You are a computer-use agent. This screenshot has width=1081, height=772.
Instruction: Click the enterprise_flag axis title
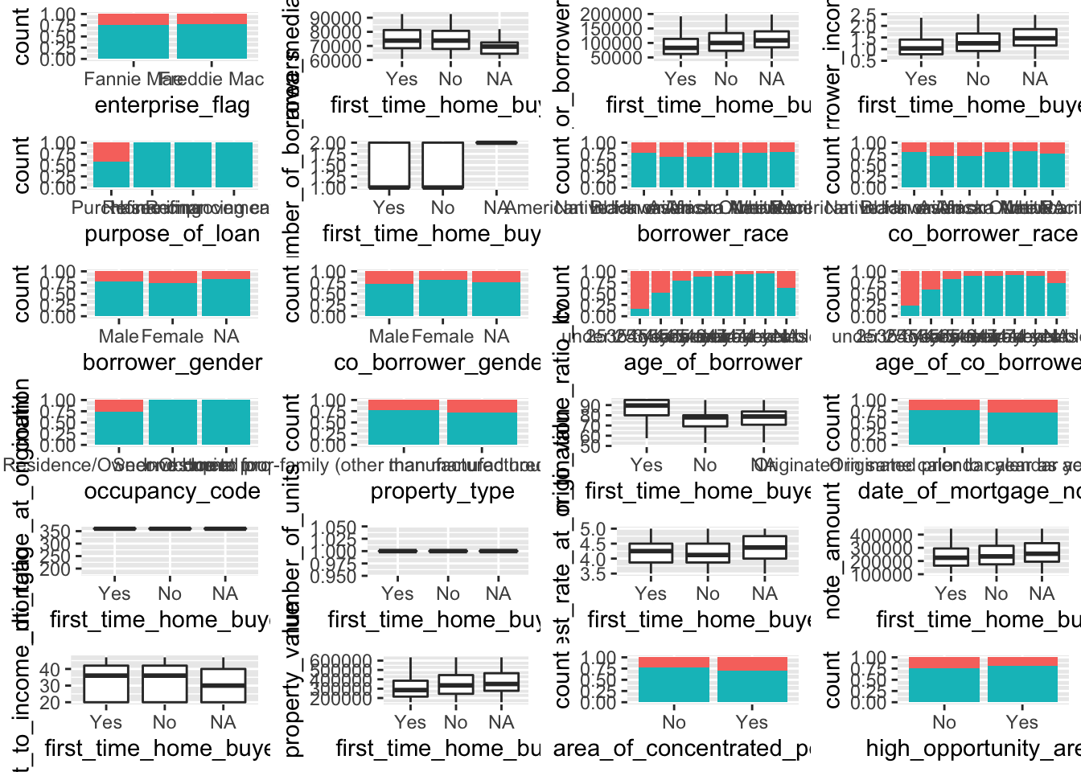point(172,105)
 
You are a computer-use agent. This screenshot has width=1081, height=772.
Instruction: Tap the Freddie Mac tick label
point(212,79)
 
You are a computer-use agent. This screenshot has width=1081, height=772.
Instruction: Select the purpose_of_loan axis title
point(172,234)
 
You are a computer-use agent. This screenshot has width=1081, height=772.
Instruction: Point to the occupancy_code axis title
point(172,491)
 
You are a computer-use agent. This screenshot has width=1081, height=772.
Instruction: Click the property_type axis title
point(442,491)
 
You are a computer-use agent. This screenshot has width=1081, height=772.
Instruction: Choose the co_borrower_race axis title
point(982,234)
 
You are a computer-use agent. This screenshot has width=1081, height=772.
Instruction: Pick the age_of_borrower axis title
point(713,363)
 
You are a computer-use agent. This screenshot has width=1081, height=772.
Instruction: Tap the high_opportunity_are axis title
point(972,749)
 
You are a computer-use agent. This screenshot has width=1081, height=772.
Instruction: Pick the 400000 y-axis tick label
point(881,536)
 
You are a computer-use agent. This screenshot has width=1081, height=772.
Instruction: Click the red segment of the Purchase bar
point(111,153)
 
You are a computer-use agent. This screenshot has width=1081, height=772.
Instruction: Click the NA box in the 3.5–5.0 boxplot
point(764,547)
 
